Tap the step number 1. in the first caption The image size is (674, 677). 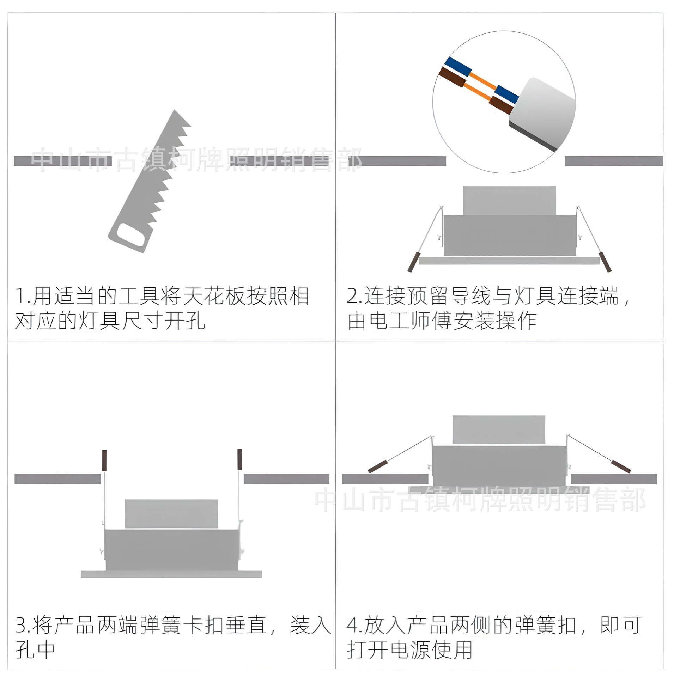pyautogui.click(x=23, y=296)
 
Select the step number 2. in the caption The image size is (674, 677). pyautogui.click(x=354, y=296)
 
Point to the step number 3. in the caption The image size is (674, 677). pyautogui.click(x=23, y=625)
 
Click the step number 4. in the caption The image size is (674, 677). pyautogui.click(x=354, y=625)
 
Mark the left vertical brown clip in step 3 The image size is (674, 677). pyautogui.click(x=104, y=460)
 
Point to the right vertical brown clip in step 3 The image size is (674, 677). pyautogui.click(x=240, y=459)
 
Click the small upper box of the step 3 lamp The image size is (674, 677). pyautogui.click(x=171, y=513)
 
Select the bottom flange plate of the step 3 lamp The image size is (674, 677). pyautogui.click(x=171, y=574)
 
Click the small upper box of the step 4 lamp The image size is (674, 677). pyautogui.click(x=498, y=429)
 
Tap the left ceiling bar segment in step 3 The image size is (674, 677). pyautogui.click(x=58, y=479)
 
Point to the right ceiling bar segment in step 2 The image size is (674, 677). pyautogui.click(x=613, y=161)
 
